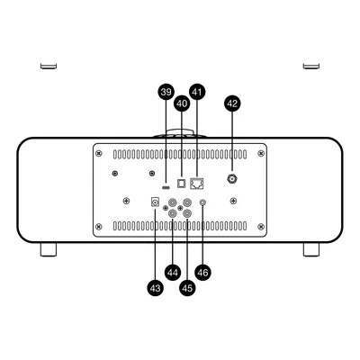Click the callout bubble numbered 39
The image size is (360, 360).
click(x=166, y=92)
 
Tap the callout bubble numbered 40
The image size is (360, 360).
click(x=182, y=103)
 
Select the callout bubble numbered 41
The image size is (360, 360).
click(x=197, y=92)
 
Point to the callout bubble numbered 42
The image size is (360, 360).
click(x=232, y=103)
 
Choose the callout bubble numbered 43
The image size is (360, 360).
click(x=155, y=288)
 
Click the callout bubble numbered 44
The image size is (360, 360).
click(x=173, y=273)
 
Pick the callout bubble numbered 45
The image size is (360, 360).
click(x=187, y=288)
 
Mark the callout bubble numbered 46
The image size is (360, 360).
click(x=202, y=273)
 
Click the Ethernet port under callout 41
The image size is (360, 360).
click(x=197, y=184)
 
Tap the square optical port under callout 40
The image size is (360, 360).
click(x=182, y=184)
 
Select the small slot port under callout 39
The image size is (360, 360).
click(x=166, y=188)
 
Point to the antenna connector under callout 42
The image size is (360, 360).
click(x=232, y=179)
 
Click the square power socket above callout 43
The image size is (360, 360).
click(x=155, y=202)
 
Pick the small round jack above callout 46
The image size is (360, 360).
click(x=202, y=202)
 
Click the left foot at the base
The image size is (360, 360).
click(x=49, y=249)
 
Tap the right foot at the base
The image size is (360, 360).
click(x=311, y=249)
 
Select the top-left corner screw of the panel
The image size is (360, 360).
click(x=99, y=154)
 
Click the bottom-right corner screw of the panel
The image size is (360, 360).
click(x=261, y=226)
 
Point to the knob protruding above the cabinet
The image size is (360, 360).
click(x=180, y=133)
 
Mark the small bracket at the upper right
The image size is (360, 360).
click(x=311, y=66)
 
